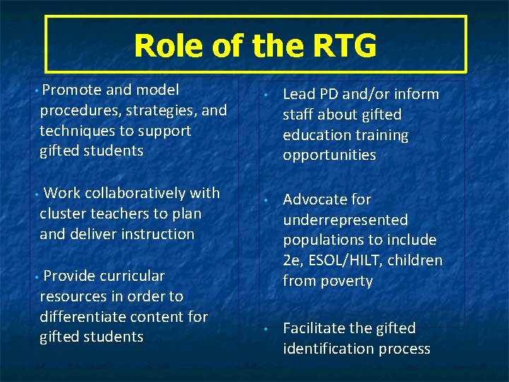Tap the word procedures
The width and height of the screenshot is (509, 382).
pyautogui.click(x=78, y=110)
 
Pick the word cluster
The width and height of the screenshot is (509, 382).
pyautogui.click(x=63, y=214)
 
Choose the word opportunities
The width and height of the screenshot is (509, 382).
pyautogui.click(x=329, y=156)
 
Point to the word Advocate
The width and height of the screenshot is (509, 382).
pyautogui.click(x=316, y=199)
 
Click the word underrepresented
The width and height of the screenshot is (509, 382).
pyautogui.click(x=346, y=220)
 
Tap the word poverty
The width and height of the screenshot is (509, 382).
pyautogui.click(x=346, y=282)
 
